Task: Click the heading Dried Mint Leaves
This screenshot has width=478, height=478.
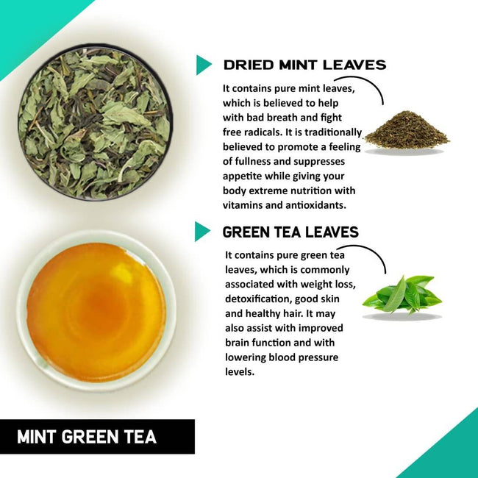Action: tap(304, 65)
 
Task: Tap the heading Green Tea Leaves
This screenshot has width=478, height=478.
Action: tap(290, 232)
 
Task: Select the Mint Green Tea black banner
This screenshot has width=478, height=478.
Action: tap(97, 436)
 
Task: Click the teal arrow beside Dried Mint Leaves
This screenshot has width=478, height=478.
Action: tap(203, 65)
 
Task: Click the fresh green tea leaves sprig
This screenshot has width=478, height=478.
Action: tap(402, 294)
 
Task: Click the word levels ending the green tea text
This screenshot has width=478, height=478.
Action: tap(240, 372)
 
